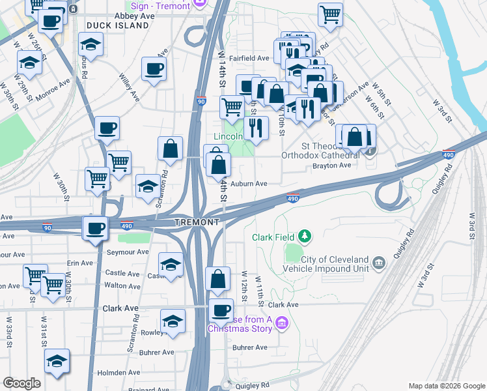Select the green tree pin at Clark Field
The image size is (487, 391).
click(303, 237)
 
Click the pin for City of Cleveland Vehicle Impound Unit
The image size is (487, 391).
click(380, 264)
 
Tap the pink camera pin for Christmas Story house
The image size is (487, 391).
click(281, 323)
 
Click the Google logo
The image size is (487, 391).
click(21, 383)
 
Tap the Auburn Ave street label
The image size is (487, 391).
click(249, 184)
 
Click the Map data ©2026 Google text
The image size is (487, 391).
click(446, 386)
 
